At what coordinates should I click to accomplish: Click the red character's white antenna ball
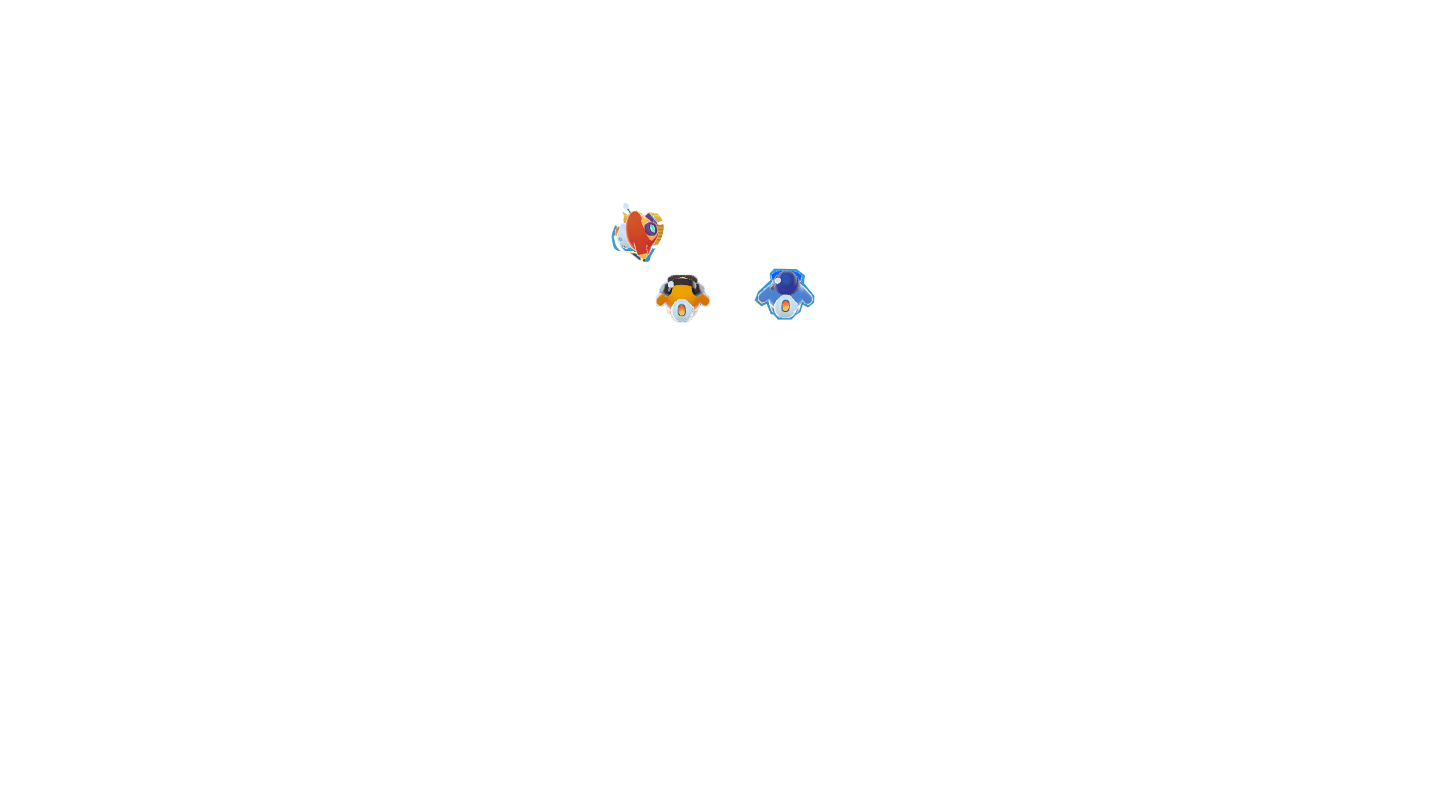click(625, 206)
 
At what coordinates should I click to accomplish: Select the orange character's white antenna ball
click(671, 284)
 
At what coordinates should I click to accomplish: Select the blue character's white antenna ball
click(778, 281)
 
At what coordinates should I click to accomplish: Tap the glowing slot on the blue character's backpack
click(786, 306)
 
